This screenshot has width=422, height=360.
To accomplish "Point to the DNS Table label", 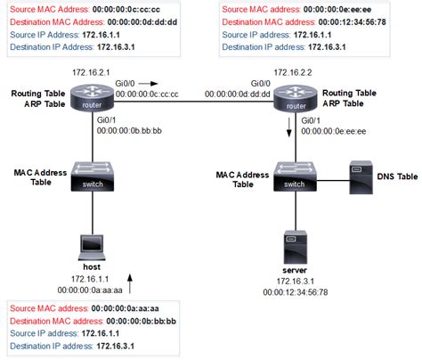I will click(x=395, y=177).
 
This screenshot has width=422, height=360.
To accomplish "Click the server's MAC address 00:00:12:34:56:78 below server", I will click(x=296, y=291).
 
